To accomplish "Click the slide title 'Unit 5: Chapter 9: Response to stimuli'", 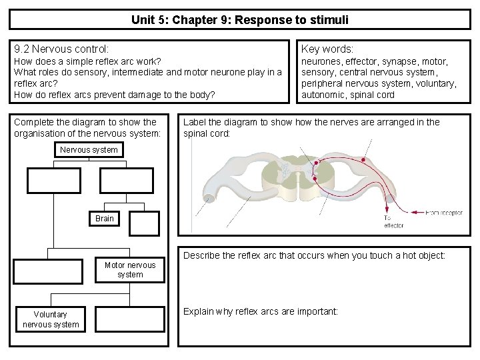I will tap(239, 19).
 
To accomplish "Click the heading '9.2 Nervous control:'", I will tap(61, 49).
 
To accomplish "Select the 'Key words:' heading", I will tap(327, 49).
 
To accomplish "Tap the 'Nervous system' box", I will tap(89, 150).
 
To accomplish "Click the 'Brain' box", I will tap(105, 219).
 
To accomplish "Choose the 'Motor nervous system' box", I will tap(130, 270).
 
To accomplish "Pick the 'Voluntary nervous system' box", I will tap(51, 319).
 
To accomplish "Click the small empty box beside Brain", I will tap(145, 223).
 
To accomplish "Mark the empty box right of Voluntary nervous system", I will tap(129, 319).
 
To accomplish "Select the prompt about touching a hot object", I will tap(314, 255).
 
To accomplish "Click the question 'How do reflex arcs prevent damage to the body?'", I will tap(115, 95).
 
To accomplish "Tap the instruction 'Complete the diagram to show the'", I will tap(85, 122).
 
